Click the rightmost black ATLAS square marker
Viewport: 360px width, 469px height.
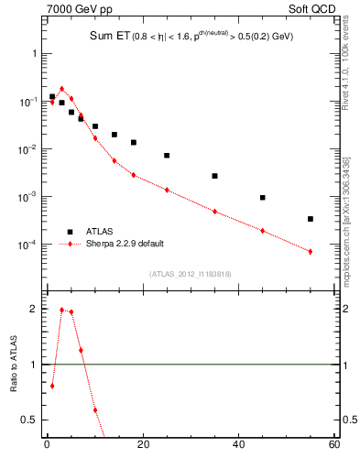(x=311, y=219)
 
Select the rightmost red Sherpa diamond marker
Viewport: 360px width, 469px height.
(x=311, y=252)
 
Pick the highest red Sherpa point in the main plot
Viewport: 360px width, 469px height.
(x=61, y=89)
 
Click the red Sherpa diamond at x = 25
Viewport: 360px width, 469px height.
(x=167, y=190)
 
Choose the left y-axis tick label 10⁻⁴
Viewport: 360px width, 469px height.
(x=30, y=245)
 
